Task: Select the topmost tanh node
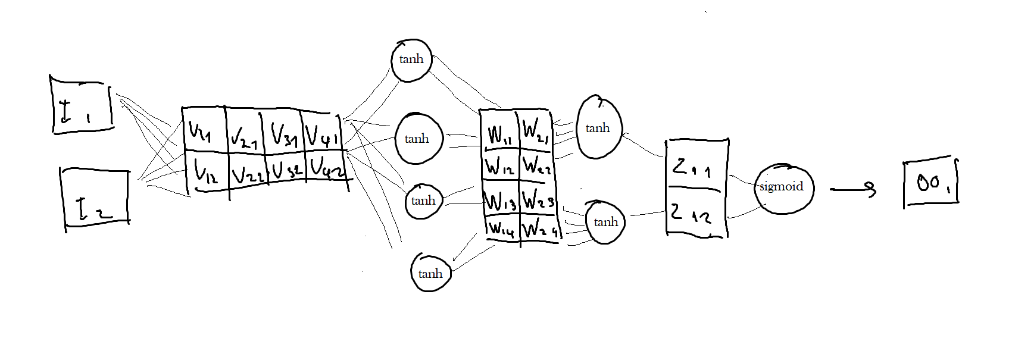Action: coord(411,60)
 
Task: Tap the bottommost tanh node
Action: coord(430,273)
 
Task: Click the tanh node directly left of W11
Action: coord(419,139)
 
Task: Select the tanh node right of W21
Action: coord(599,128)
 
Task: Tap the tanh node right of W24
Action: coord(605,222)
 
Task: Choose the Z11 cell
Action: coord(694,167)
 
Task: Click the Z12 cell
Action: coord(694,213)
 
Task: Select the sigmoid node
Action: coord(782,187)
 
